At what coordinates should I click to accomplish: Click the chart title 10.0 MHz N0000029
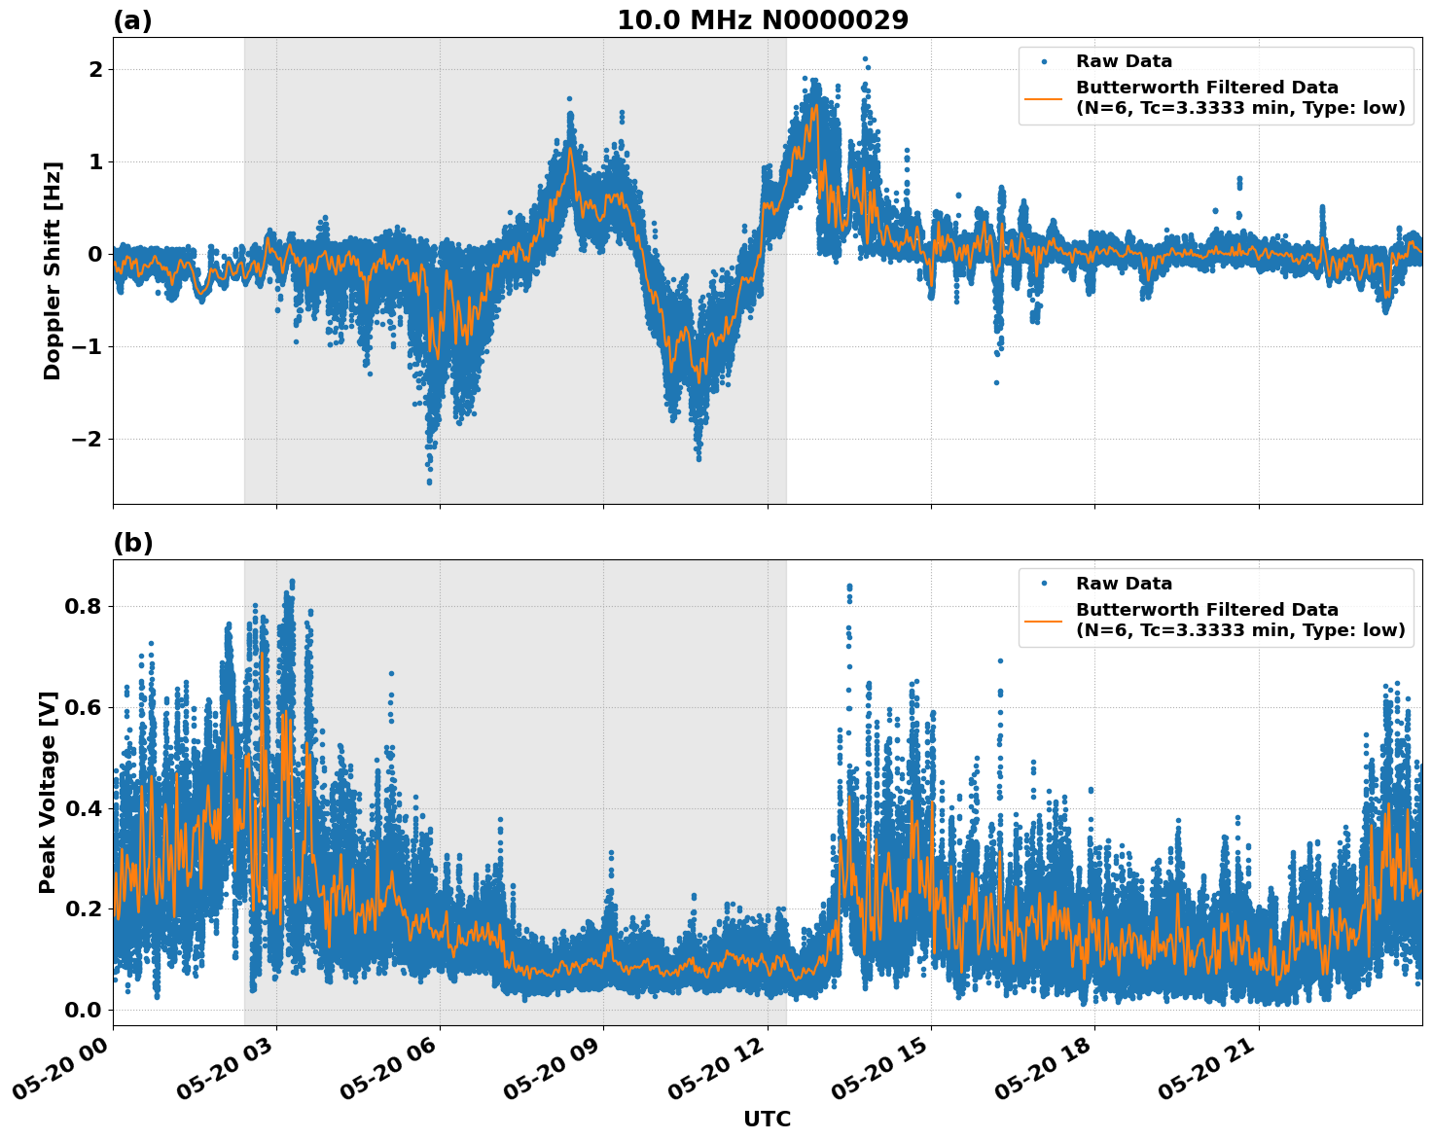click(763, 20)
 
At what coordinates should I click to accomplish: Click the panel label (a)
click(132, 20)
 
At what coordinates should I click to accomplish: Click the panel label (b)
click(132, 543)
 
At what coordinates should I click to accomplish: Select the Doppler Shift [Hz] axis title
click(53, 270)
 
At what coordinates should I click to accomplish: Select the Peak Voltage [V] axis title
click(48, 792)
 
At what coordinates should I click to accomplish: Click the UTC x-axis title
click(767, 1119)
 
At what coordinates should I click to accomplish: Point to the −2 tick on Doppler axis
click(86, 439)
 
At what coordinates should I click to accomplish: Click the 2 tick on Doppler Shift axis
click(95, 69)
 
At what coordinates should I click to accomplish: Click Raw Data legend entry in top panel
click(1124, 61)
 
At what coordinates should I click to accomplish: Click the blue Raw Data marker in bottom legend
click(1044, 584)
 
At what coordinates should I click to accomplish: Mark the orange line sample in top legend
click(1044, 97)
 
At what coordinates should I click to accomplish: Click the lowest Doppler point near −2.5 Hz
click(429, 481)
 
